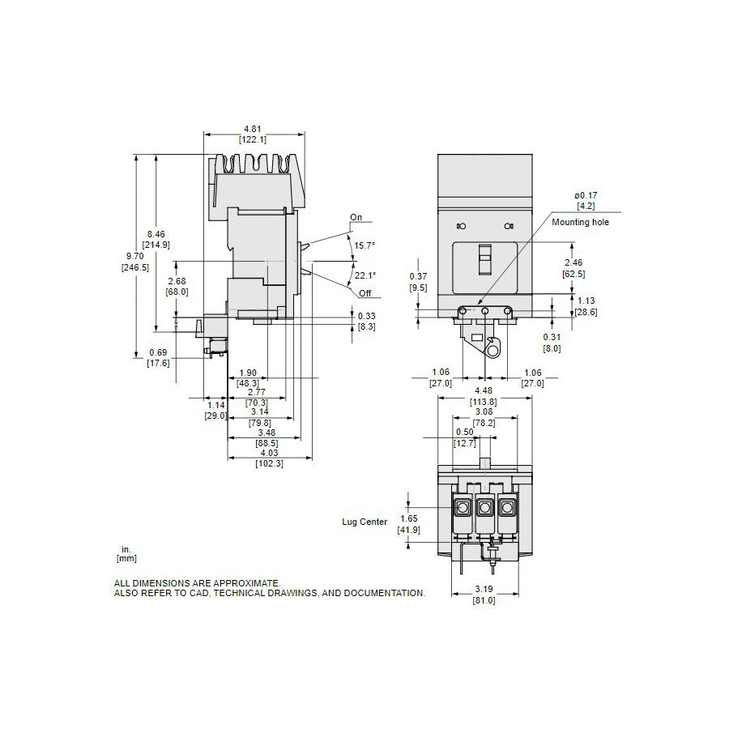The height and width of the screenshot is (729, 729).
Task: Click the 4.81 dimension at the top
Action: tap(253, 128)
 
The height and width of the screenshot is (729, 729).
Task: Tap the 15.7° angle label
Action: tap(365, 245)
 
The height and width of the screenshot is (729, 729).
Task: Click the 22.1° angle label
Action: tap(365, 276)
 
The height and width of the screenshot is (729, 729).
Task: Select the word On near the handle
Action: tap(356, 217)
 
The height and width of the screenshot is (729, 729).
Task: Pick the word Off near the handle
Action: tap(365, 292)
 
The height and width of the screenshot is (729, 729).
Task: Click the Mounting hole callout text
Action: tap(581, 221)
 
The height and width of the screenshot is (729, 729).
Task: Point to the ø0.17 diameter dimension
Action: tap(586, 195)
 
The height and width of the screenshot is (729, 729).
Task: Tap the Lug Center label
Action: tap(364, 522)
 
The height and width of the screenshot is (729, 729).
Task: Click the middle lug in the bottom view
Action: tap(484, 509)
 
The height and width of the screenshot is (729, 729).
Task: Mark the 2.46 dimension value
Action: tap(573, 263)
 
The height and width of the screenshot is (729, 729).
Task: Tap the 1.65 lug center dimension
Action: tap(409, 518)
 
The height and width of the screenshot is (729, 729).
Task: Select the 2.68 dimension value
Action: tap(178, 281)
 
